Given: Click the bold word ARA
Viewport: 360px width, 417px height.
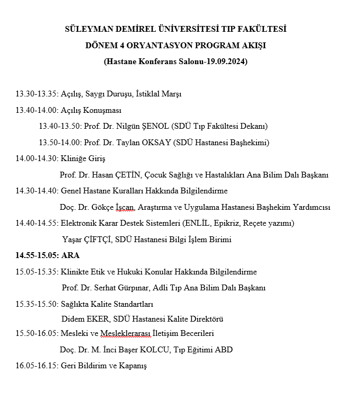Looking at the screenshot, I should point(71,255).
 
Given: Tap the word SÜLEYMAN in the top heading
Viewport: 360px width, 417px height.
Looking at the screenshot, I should point(87,29).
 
